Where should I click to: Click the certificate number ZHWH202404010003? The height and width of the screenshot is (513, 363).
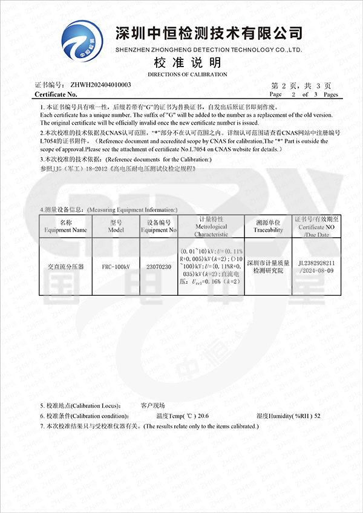click(101, 85)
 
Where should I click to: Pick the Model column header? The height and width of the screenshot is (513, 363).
click(116, 226)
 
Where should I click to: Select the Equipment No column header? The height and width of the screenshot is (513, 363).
click(159, 226)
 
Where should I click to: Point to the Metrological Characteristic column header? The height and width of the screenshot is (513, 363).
click(211, 226)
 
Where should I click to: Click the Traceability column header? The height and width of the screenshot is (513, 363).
click(268, 226)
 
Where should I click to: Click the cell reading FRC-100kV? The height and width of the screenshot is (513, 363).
click(116, 266)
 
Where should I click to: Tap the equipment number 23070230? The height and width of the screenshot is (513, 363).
click(159, 266)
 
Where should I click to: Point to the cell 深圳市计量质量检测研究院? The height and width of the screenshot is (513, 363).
click(268, 267)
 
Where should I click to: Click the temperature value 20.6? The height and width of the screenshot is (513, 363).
click(203, 416)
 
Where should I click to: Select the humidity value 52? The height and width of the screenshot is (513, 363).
click(318, 416)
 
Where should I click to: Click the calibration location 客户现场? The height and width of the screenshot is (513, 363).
click(152, 405)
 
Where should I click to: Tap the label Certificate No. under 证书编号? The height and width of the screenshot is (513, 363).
click(56, 94)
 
